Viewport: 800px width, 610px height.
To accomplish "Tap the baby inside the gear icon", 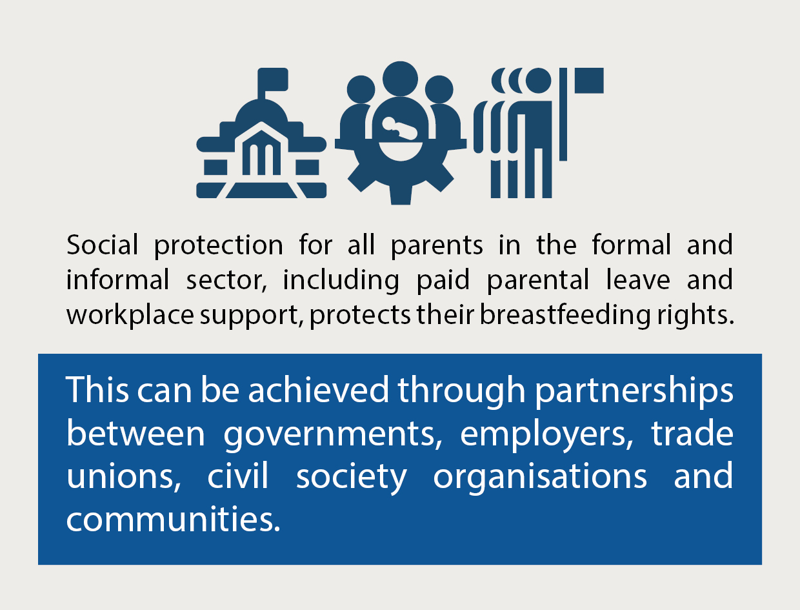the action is pos(399,128).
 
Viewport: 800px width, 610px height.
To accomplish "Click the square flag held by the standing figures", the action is pos(589,80).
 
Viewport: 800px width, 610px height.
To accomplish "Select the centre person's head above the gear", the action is pos(400,79).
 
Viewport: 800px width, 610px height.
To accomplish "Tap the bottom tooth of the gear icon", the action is pos(401,196).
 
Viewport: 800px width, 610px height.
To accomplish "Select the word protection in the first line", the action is pos(218,246).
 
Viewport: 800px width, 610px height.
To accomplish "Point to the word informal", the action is pos(117,280).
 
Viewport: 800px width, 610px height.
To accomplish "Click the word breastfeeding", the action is pos(565,314).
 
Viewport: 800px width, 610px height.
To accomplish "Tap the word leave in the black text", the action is pos(638,280).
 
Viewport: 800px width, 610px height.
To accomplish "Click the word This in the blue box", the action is pos(97,389).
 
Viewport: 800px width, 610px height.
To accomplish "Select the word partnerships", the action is pos(634,392).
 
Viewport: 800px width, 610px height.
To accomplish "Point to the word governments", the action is pos(333,436).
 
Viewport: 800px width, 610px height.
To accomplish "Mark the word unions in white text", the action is pos(124,477).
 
